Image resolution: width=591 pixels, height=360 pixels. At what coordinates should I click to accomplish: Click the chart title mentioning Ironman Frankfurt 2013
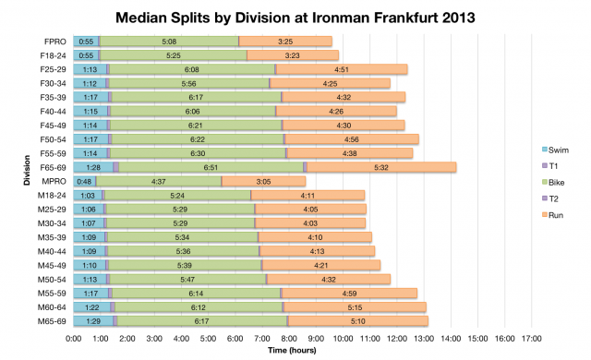pyautogui.click(x=295, y=18)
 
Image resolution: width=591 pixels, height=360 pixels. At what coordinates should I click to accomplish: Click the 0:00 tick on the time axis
pyautogui.click(x=75, y=338)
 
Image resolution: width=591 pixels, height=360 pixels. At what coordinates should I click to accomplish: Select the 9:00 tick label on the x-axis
pyautogui.click(x=316, y=338)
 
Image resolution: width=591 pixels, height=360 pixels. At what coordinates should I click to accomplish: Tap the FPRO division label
pyautogui.click(x=54, y=42)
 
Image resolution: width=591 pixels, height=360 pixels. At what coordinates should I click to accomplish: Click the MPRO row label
pyautogui.click(x=54, y=181)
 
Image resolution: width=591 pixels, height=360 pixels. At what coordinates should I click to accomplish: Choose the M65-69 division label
pyautogui.click(x=52, y=320)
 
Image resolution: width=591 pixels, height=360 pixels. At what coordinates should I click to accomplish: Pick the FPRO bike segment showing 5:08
pyautogui.click(x=169, y=42)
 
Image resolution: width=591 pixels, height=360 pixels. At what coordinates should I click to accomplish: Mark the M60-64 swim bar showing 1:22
pyautogui.click(x=92, y=306)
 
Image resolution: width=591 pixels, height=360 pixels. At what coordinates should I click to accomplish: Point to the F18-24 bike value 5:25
pyautogui.click(x=174, y=55)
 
